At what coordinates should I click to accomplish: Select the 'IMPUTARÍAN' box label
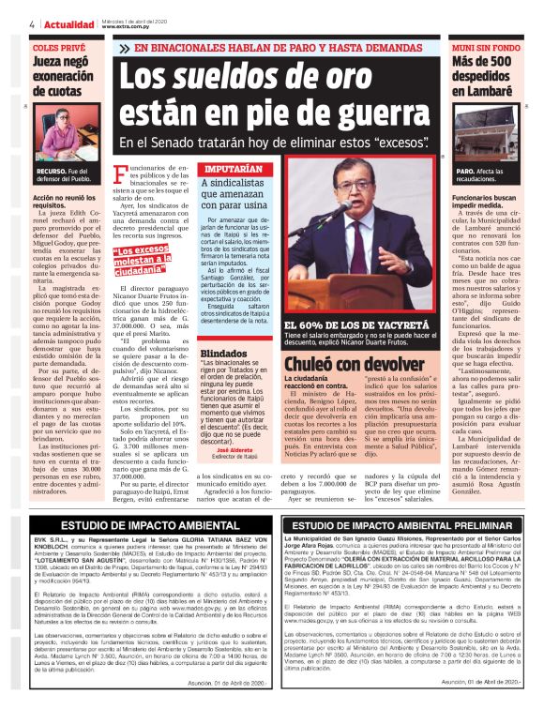(234, 169)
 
